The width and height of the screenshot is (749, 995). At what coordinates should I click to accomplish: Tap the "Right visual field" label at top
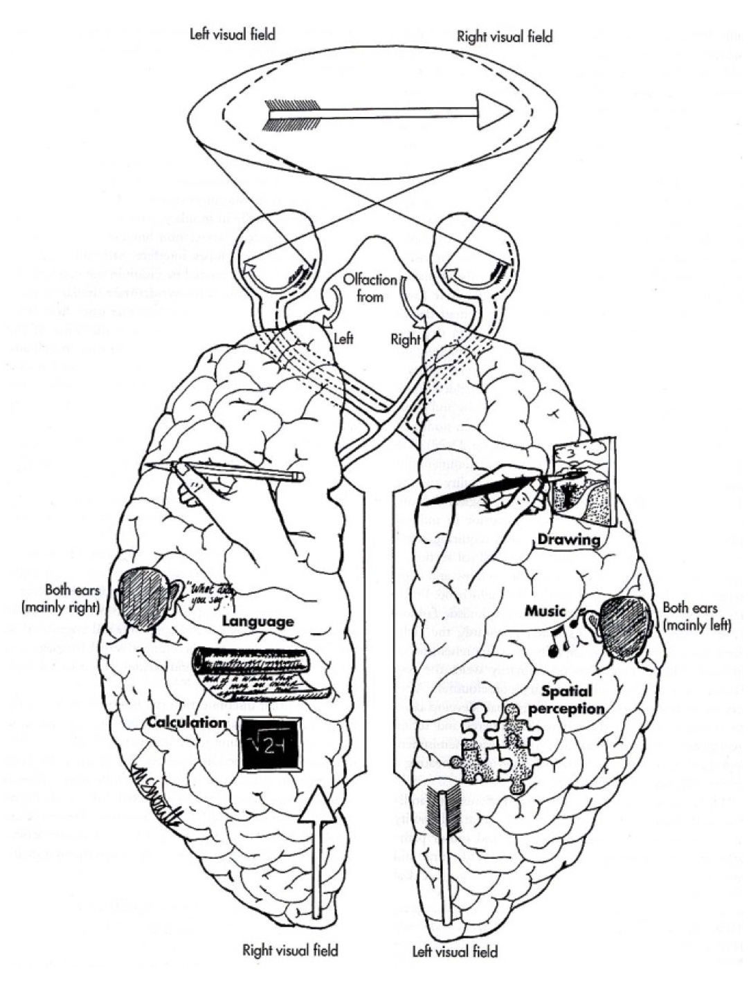tap(505, 37)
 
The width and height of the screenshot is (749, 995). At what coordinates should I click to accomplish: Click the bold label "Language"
tap(258, 621)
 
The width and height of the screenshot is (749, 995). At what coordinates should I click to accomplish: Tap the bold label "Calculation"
tap(187, 722)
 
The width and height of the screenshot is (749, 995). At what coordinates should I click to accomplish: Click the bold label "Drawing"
tap(568, 539)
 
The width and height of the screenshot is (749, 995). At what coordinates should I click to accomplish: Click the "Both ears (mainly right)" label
tap(62, 599)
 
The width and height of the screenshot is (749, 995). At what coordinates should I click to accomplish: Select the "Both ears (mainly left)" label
tap(697, 616)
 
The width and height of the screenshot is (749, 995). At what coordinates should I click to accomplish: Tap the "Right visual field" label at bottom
tap(290, 950)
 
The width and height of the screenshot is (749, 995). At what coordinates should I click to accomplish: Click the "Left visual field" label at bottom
tap(455, 951)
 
